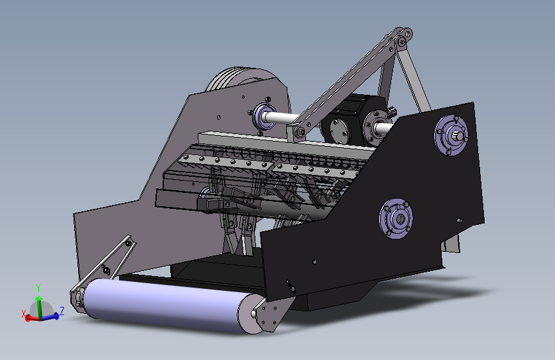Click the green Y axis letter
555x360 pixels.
(38, 288)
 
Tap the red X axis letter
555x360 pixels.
(23, 314)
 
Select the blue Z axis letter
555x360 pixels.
(62, 311)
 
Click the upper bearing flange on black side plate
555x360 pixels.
(451, 135)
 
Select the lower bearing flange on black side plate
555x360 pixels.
(396, 218)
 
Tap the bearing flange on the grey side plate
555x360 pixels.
(263, 116)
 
